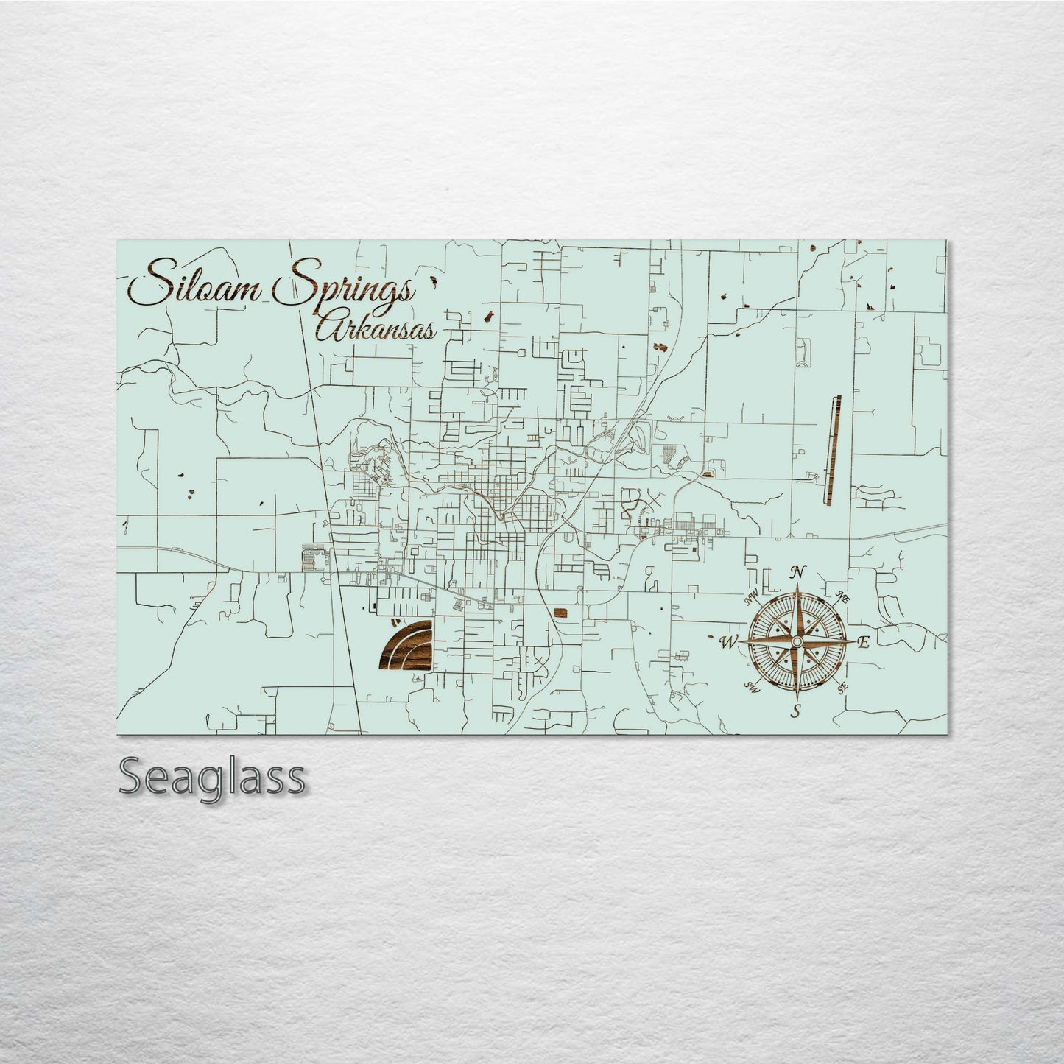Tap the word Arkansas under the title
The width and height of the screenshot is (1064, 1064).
pos(376,329)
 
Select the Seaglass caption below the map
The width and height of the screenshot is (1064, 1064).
pos(211,776)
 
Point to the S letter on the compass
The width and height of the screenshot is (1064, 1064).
pos(795,711)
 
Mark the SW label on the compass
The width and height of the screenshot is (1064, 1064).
pos(751,688)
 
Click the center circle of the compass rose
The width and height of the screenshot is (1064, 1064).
pos(796,642)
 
